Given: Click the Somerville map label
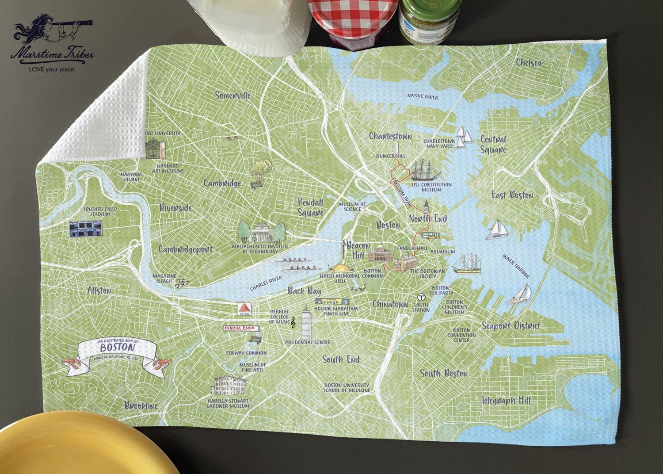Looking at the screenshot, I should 233,95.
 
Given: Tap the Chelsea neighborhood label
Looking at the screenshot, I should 529,63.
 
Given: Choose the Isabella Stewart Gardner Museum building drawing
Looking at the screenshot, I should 229,386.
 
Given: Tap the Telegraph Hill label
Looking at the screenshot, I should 506,401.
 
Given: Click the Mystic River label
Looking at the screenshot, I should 422,96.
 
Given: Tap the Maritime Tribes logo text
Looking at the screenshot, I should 52,55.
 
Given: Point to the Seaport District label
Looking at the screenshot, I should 511,326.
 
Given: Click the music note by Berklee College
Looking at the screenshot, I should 292,323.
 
